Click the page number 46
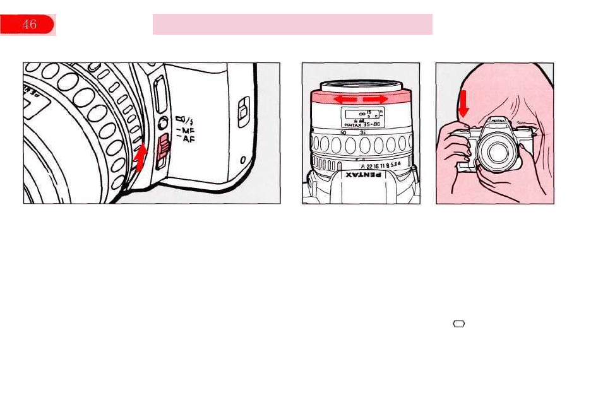pyautogui.click(x=28, y=25)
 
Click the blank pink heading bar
pyautogui.click(x=292, y=25)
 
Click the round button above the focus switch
pyautogui.click(x=162, y=124)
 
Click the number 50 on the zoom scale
pyautogui.click(x=343, y=133)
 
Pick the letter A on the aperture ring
pyautogui.click(x=362, y=167)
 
